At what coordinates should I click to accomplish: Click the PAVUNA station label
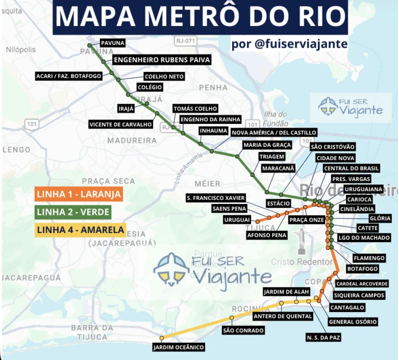point(113,43)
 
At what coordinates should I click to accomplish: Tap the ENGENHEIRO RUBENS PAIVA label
point(162,60)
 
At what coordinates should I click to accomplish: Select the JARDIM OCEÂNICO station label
point(178,347)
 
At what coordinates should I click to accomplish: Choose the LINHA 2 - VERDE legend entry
point(73,212)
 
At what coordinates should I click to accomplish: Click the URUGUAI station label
point(237,220)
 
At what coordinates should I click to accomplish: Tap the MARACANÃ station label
point(278,168)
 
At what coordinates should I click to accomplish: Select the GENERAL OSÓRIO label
point(353,322)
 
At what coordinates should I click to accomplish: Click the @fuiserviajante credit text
point(289,44)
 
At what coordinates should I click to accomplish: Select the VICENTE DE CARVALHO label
point(121,125)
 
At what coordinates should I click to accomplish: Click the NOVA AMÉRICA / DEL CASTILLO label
point(274,133)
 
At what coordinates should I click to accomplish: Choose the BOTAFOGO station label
point(362,269)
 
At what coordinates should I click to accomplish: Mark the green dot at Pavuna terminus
point(90,46)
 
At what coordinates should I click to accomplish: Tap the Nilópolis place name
point(21,50)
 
